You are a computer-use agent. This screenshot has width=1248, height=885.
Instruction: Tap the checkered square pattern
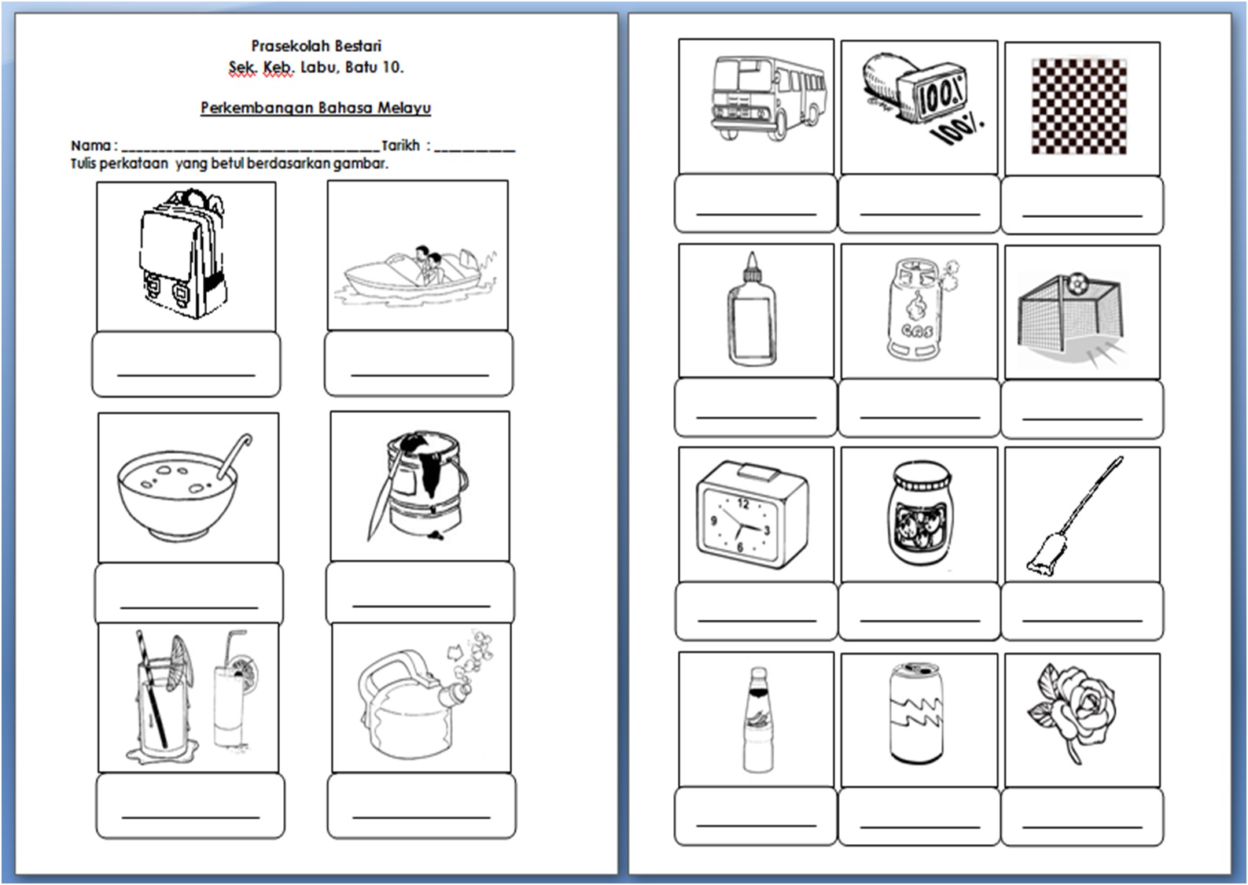coord(1079,106)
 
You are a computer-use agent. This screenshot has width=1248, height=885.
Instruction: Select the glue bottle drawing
coord(751,308)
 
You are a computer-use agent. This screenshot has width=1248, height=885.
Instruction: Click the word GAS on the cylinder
coord(917,331)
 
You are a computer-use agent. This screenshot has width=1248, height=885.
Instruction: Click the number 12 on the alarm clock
coord(743,503)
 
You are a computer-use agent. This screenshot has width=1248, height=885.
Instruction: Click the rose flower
coord(1073,711)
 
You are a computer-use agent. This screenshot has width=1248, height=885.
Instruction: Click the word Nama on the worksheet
coord(90,146)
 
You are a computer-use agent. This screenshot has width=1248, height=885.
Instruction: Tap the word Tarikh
coord(400,146)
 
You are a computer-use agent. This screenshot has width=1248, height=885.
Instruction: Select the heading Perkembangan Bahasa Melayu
coord(316,108)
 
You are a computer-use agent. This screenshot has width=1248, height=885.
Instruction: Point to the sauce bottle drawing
coord(758,719)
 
